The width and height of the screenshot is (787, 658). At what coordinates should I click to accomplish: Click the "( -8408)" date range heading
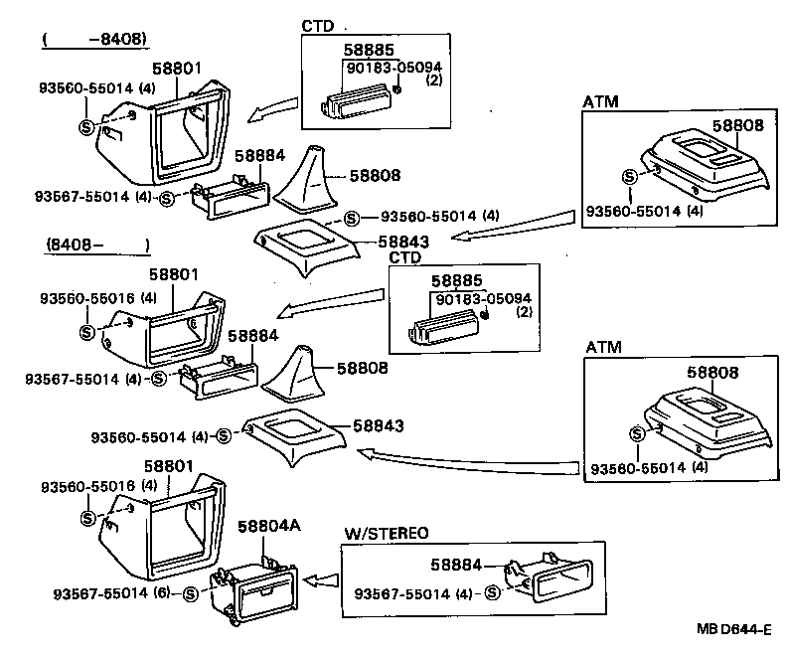click(x=94, y=40)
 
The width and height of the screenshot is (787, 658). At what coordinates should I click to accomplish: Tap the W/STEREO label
click(x=386, y=533)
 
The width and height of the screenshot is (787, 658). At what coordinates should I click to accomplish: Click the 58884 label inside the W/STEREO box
click(x=456, y=564)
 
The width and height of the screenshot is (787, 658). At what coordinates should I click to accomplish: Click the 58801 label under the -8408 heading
click(x=177, y=69)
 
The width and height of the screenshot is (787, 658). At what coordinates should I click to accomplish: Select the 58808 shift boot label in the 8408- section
click(x=368, y=368)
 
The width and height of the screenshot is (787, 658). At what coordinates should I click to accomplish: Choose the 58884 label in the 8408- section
click(x=254, y=337)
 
